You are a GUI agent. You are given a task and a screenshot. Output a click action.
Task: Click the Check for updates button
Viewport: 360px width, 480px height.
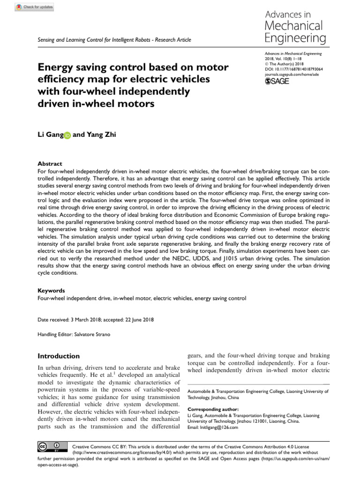click(x=35, y=7)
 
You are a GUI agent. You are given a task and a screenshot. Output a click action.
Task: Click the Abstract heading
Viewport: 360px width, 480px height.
click(x=50, y=164)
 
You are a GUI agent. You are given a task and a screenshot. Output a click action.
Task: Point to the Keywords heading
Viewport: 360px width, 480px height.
click(x=51, y=291)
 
